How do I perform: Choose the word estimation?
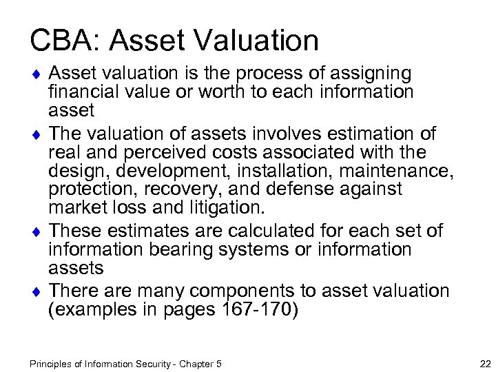click(368, 133)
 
